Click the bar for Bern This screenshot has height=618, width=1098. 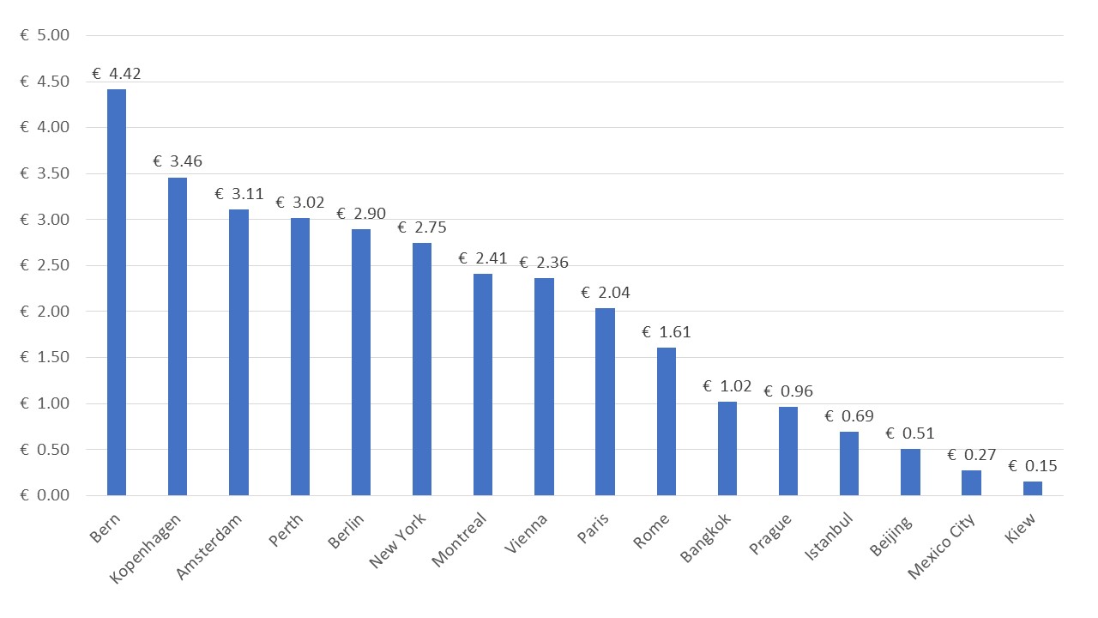(117, 292)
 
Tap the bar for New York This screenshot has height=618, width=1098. (422, 369)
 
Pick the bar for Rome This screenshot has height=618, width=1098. (667, 421)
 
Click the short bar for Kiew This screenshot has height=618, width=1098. (1033, 488)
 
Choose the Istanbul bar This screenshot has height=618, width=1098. (849, 463)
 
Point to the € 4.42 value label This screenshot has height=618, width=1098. (117, 74)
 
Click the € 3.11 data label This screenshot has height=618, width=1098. (239, 194)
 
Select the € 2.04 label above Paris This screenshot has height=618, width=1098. (606, 293)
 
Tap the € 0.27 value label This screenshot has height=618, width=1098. (972, 455)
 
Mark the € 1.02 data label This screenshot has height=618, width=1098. (727, 386)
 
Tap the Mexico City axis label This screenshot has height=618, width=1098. (942, 546)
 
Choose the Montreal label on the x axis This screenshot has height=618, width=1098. (459, 540)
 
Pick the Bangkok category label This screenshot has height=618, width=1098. (706, 538)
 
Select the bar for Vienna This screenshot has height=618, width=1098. (544, 386)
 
